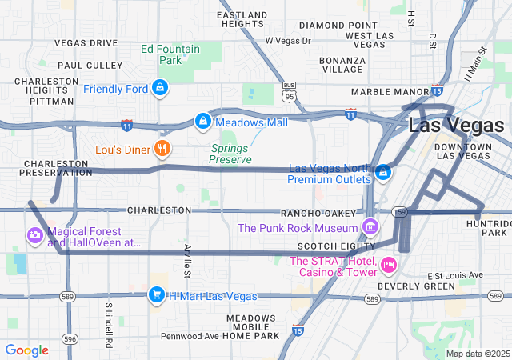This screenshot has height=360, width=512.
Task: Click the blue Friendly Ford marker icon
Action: [x=160, y=87]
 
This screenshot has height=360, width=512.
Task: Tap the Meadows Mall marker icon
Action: [x=203, y=122]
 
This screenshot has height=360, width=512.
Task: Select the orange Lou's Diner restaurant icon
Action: [x=162, y=148]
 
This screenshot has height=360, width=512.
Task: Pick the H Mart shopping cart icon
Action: [x=157, y=295]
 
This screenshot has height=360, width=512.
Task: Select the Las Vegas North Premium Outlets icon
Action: [x=383, y=172]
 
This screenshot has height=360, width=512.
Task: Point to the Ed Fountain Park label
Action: [x=170, y=54]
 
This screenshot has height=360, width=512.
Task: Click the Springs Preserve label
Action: [x=230, y=154]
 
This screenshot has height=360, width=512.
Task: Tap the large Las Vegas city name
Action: [x=456, y=126]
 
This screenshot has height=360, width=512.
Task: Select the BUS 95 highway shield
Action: [x=289, y=90]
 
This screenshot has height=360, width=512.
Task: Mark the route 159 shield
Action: [x=401, y=212]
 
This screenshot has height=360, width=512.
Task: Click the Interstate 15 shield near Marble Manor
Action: [x=437, y=90]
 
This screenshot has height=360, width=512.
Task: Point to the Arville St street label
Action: [x=187, y=261]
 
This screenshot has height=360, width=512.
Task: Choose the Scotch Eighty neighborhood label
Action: [x=325, y=246]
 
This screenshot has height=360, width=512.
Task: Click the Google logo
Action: [x=26, y=350]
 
